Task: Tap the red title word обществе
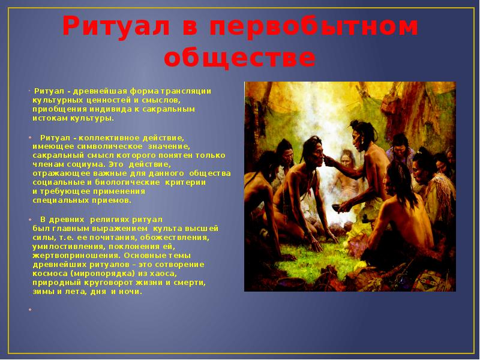tap(239, 58)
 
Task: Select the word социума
tap(86, 164)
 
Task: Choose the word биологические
tap(127, 182)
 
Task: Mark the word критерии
tap(185, 182)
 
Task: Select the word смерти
tap(190, 282)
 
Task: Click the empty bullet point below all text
tap(30, 310)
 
